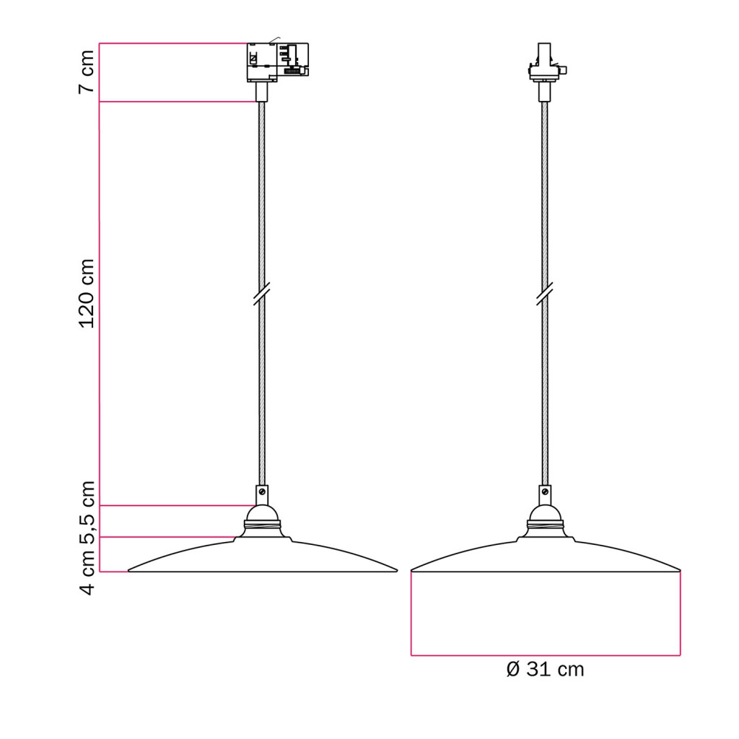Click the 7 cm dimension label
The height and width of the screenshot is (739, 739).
click(x=87, y=71)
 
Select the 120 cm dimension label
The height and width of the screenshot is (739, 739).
click(x=87, y=294)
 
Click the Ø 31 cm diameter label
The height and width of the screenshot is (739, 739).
click(x=546, y=669)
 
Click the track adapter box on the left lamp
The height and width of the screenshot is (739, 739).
click(x=278, y=62)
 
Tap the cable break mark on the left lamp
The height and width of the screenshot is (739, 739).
click(x=261, y=294)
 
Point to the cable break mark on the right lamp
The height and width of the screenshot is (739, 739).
click(x=545, y=294)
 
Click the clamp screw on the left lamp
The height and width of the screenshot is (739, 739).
click(x=262, y=492)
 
